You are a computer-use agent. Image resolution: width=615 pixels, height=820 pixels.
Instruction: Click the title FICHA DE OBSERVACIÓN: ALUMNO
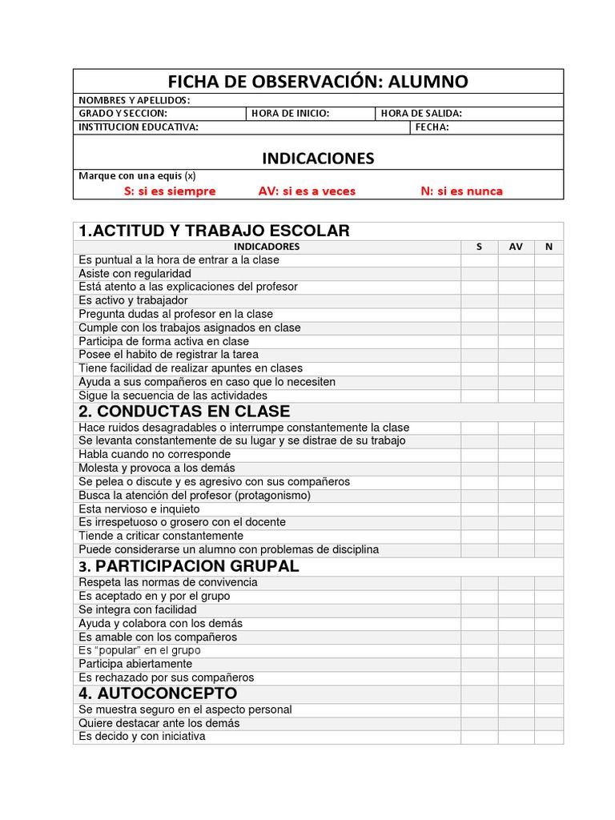click(x=318, y=82)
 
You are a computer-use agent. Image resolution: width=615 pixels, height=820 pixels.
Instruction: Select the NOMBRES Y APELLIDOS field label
click(x=134, y=100)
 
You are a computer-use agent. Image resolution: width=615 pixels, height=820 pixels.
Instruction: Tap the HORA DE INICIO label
click(x=290, y=114)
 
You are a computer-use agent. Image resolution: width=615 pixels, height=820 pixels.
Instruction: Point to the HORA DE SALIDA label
click(x=421, y=114)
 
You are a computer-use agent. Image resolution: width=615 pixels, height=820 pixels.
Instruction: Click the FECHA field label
click(x=432, y=127)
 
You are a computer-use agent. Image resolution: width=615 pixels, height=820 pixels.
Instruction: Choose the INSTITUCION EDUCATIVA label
click(x=139, y=127)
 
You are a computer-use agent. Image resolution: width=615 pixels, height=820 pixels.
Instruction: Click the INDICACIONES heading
click(x=318, y=158)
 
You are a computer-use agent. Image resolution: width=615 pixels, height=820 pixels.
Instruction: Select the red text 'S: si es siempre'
click(x=169, y=191)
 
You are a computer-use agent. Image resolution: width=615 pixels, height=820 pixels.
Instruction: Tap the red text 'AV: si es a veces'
click(x=307, y=191)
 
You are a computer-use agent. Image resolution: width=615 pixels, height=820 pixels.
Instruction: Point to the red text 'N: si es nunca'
click(x=462, y=191)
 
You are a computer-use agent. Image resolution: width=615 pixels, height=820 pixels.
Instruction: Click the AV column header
click(x=516, y=247)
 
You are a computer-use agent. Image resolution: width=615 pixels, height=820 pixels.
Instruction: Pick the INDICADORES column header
click(x=267, y=247)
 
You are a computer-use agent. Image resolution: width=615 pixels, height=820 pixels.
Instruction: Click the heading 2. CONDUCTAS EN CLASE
click(x=184, y=412)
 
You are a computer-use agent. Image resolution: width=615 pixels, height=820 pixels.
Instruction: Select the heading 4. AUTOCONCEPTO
click(x=158, y=693)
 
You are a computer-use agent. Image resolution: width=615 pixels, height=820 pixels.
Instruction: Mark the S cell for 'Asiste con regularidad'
click(x=479, y=274)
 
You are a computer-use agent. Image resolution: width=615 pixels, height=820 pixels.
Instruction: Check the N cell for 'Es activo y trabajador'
click(x=549, y=301)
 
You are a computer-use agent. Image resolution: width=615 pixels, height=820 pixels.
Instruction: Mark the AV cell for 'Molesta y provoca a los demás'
click(x=516, y=468)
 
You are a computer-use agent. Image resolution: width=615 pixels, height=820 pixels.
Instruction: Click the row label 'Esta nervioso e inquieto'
click(x=139, y=509)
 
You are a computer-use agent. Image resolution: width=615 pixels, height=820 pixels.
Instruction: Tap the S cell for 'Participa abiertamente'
click(x=479, y=665)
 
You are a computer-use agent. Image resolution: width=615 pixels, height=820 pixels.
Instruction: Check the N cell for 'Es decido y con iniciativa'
click(x=549, y=737)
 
